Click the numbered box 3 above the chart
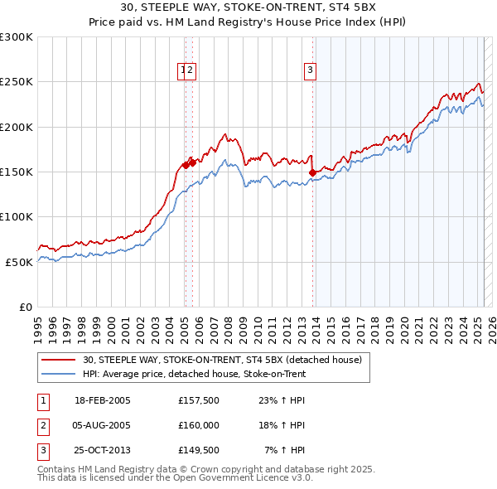pyautogui.click(x=310, y=70)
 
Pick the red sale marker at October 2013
pyautogui.click(x=312, y=172)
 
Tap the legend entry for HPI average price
pyautogui.click(x=194, y=375)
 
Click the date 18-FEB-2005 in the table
pyautogui.click(x=103, y=400)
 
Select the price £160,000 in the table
pyautogui.click(x=198, y=425)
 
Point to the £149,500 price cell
pyautogui.click(x=198, y=450)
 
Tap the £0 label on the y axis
pyautogui.click(x=23, y=307)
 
